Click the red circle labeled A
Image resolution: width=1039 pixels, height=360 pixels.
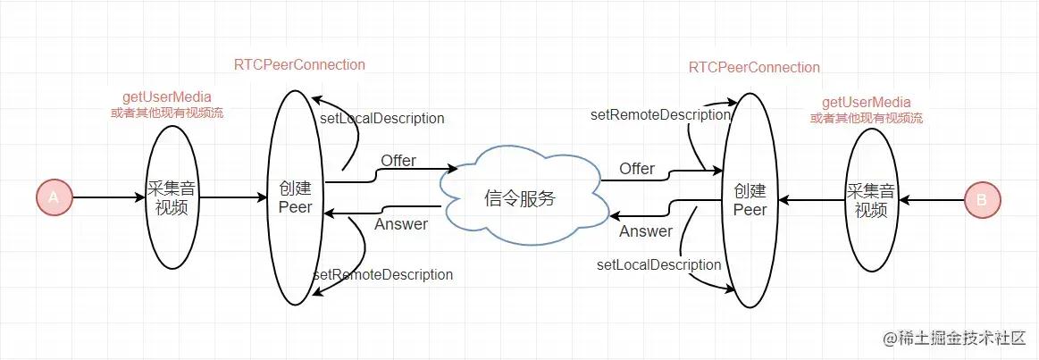coord(54,197)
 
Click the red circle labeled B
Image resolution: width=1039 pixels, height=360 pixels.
coord(982,200)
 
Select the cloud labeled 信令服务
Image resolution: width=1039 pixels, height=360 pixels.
coord(519,197)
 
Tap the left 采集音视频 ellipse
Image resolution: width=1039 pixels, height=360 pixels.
coord(171,196)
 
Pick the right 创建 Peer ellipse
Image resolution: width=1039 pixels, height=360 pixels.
coord(750,201)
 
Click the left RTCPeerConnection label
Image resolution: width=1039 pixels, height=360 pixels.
coord(299,64)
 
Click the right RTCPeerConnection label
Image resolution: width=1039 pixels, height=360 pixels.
coord(754,67)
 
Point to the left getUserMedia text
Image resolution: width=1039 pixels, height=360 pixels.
coord(172,96)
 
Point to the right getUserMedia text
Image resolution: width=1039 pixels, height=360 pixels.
coord(866,102)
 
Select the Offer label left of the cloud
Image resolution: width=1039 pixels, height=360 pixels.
coord(398,161)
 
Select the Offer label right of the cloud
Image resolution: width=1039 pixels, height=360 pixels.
coord(637,169)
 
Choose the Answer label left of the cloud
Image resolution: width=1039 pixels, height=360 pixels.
coord(400,223)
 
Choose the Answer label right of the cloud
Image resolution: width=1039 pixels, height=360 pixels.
coord(645,231)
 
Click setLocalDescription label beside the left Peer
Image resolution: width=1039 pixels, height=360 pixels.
coord(381,118)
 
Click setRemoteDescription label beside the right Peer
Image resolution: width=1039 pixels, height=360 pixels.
coord(660,114)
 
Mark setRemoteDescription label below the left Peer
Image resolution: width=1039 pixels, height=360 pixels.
coord(382,274)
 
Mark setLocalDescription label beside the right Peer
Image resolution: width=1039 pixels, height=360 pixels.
coord(658,264)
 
